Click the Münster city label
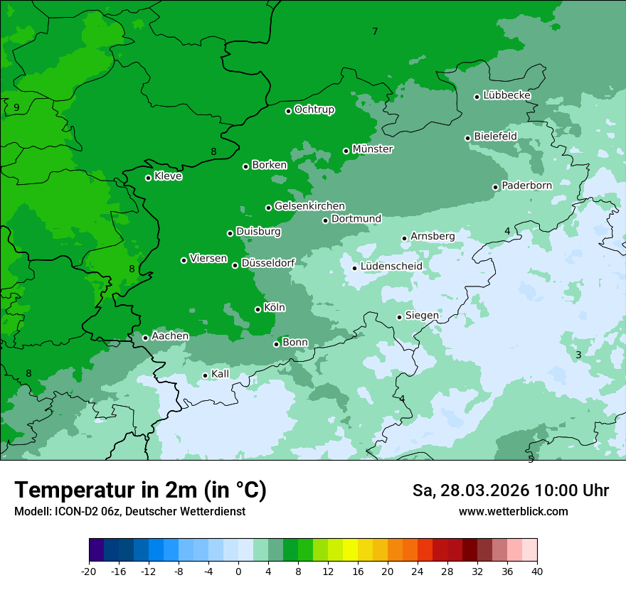pos(373,149)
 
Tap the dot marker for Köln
pos(258,309)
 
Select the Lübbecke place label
pos(506,95)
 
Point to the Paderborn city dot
pos(496,187)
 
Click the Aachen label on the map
pos(170,336)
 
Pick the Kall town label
pos(221,374)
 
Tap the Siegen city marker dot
pos(400,317)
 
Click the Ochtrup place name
pos(314,109)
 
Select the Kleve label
pos(168,176)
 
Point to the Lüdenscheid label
pos(391,267)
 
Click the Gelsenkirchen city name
pos(309,206)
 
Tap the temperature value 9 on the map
pos(16,108)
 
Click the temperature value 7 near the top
pos(375,31)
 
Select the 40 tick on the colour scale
pos(536,572)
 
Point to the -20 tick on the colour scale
pos(89,572)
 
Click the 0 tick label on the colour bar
pos(238,572)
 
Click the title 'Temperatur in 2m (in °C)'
pos(140,490)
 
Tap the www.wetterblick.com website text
pos(513,512)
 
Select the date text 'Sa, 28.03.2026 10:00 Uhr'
pos(510,491)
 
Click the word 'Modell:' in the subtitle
pos(32,512)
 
